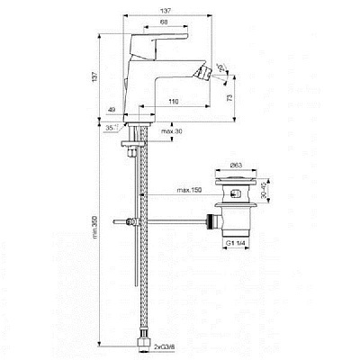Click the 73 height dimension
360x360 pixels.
tap(231, 95)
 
